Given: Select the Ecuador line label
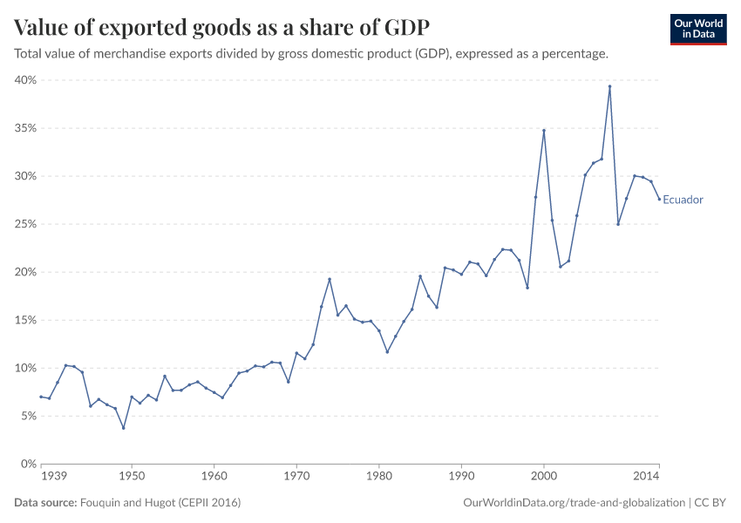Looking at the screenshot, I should click(x=683, y=200).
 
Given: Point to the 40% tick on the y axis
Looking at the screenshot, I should click(x=24, y=80).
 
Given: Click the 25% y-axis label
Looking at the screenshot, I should click(x=24, y=224).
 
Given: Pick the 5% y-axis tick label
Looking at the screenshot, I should click(x=27, y=416).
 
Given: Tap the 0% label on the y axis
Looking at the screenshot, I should click(x=27, y=464).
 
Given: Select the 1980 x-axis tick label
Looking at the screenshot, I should click(x=379, y=477).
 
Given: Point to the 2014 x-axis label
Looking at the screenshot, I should click(x=646, y=477).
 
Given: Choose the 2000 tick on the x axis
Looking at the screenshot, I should click(x=544, y=477).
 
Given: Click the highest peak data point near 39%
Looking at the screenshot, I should click(x=609, y=86).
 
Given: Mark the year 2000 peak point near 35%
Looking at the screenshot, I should click(x=544, y=131).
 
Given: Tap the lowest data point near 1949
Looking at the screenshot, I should click(x=124, y=428).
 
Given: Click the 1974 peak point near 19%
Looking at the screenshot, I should click(x=330, y=279).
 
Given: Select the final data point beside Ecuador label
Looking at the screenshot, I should click(x=659, y=200).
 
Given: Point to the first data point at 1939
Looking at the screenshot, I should click(x=41, y=397).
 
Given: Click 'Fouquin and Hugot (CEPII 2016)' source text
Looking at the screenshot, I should click(x=160, y=503).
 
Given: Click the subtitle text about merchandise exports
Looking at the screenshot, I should click(x=311, y=54).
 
